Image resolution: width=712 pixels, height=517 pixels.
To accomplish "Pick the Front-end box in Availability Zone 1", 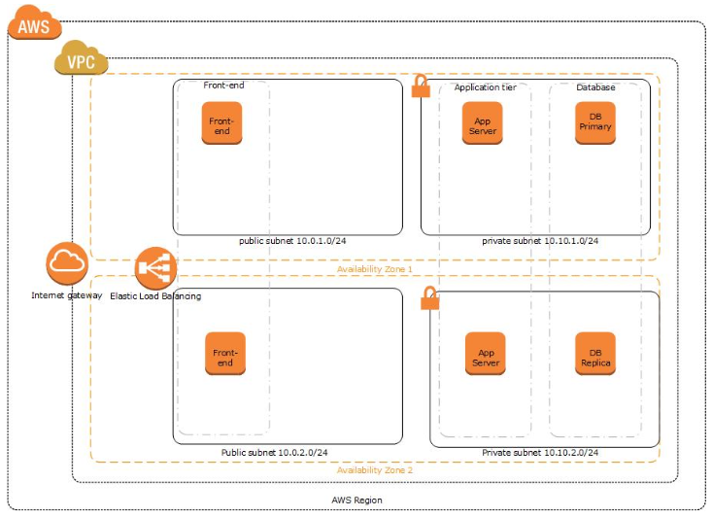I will click(221, 124).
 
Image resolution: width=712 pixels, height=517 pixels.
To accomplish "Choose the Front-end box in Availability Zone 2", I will click(224, 357).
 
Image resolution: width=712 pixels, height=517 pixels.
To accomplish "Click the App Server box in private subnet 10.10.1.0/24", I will click(482, 123).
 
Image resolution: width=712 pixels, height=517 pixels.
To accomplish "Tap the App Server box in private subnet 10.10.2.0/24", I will click(486, 357).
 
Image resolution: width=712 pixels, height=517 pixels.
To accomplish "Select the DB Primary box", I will click(595, 123).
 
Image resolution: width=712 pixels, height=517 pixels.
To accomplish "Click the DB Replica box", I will click(595, 357).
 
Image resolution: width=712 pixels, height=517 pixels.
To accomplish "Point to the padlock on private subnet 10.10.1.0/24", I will click(421, 87).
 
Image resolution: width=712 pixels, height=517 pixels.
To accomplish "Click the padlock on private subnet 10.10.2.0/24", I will click(429, 299).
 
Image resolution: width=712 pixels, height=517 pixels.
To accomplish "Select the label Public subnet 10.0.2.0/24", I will click(274, 453).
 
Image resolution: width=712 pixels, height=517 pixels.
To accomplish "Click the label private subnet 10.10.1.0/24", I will click(540, 241).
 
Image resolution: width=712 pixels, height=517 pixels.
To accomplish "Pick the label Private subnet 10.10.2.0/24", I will click(540, 453).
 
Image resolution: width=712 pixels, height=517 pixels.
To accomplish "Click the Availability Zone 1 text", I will click(375, 269).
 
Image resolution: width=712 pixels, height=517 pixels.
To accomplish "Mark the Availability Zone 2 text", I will click(375, 470).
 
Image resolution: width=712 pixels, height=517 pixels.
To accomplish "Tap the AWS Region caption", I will click(356, 500).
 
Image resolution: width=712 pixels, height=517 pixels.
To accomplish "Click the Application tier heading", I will click(486, 87).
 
